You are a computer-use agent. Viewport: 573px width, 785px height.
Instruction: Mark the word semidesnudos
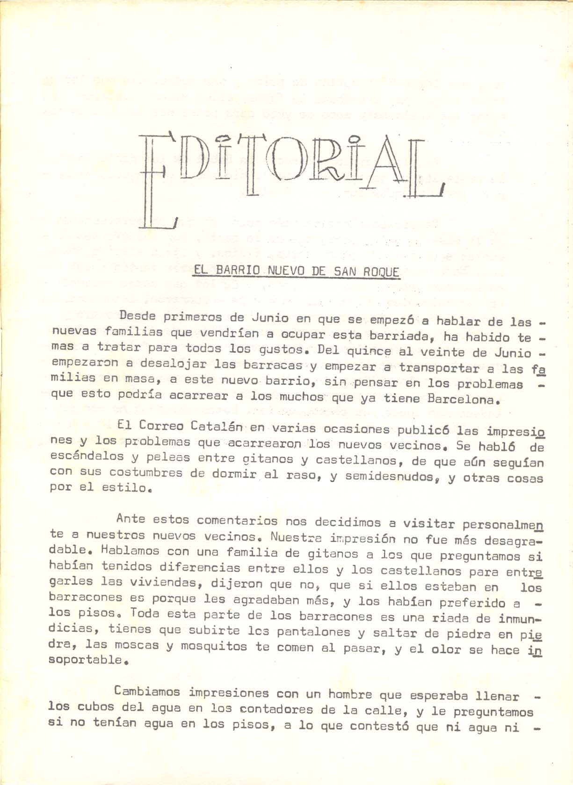click(391, 477)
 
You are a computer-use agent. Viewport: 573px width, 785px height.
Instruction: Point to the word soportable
click(85, 660)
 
